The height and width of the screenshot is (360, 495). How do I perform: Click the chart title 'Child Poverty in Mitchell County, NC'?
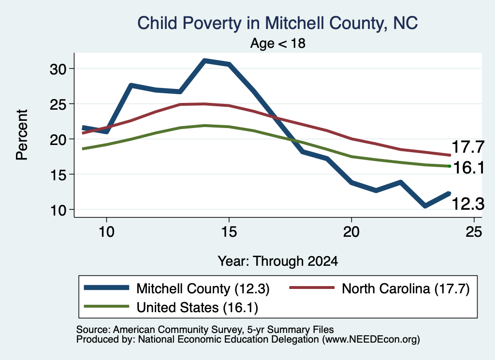(277, 23)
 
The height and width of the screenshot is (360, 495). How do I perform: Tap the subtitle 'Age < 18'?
(278, 43)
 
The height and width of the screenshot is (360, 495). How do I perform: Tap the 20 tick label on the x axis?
(351, 232)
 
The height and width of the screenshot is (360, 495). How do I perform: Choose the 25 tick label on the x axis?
(474, 232)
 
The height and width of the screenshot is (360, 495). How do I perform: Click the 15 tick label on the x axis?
(229, 232)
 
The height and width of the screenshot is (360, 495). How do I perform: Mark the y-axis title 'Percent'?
(22, 135)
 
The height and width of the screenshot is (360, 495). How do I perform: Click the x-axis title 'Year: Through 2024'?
(278, 261)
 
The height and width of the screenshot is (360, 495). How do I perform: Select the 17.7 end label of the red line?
(468, 147)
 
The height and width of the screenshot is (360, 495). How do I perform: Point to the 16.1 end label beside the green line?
(469, 167)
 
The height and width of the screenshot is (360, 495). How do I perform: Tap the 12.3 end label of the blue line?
(468, 203)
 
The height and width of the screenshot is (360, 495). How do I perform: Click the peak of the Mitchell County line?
(205, 60)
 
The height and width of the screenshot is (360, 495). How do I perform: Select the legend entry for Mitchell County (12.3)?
(177, 288)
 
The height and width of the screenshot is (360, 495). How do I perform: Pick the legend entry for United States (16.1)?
(171, 307)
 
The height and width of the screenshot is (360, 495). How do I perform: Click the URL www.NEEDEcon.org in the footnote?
(371, 340)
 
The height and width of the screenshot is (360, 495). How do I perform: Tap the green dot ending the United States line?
(450, 166)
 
